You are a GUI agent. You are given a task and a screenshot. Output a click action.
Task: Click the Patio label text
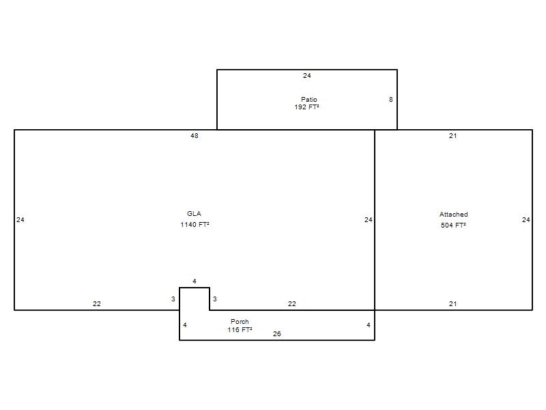pos(309,99)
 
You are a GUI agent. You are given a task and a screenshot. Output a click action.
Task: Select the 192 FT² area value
pos(306,107)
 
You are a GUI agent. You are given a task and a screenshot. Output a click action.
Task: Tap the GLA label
pos(194,213)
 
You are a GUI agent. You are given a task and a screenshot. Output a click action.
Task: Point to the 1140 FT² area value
pos(195,225)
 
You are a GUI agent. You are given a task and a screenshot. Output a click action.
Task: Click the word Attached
pos(453,214)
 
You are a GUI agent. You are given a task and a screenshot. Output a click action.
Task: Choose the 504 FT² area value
pos(453,225)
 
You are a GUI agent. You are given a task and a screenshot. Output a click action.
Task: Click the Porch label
pos(240,321)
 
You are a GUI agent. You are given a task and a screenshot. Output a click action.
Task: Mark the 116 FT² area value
pos(240,329)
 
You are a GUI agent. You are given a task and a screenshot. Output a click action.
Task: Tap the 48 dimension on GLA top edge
pos(195,135)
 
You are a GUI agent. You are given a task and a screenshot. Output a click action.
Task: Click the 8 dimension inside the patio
pos(390,99)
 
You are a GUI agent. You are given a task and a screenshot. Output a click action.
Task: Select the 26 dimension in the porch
pos(277,333)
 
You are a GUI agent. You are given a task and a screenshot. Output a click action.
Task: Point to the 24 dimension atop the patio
pos(306,75)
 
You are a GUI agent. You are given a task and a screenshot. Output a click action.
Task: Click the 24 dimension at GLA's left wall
pos(20,219)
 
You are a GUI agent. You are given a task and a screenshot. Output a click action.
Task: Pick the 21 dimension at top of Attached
pos(452,135)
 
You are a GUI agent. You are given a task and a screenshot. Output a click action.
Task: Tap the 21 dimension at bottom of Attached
pos(452,303)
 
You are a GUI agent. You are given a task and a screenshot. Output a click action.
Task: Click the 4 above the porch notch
pos(195,281)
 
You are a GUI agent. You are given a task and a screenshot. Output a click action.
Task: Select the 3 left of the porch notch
pos(173,299)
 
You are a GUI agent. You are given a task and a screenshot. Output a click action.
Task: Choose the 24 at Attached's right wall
pos(526,219)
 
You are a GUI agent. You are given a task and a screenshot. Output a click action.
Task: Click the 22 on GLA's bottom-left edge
pos(97,303)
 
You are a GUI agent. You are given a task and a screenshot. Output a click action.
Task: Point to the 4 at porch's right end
pos(369,325)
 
